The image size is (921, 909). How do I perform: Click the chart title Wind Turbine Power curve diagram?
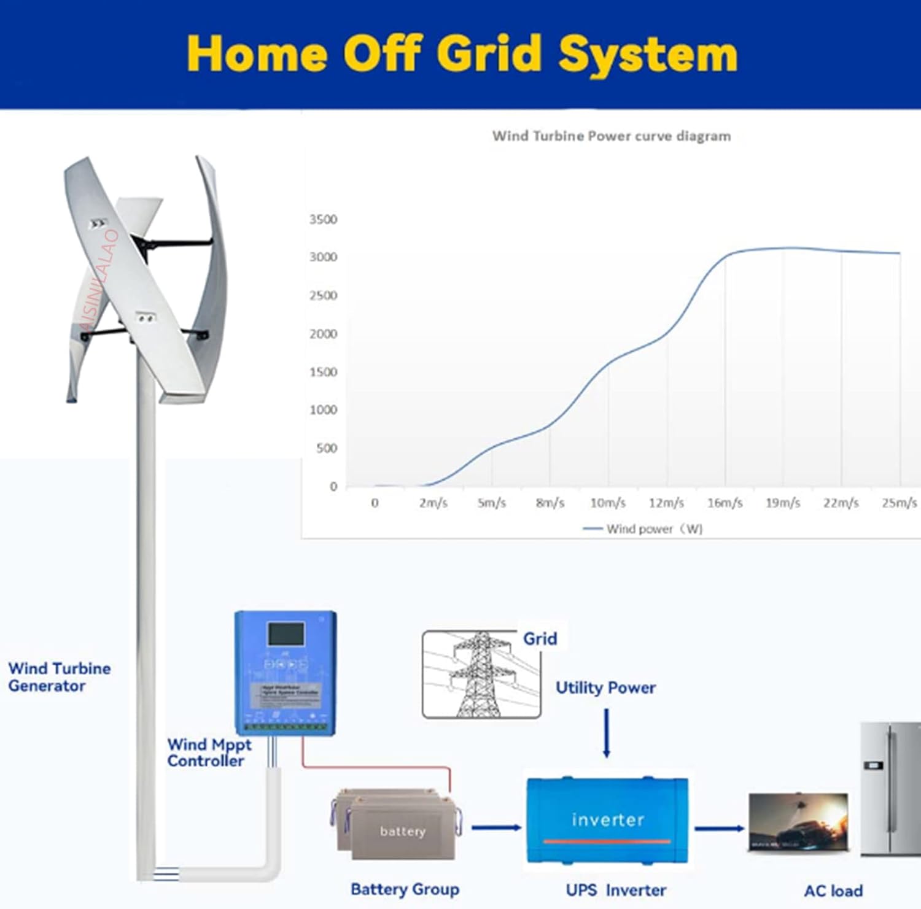click(612, 136)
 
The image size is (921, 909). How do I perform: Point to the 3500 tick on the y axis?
click(323, 220)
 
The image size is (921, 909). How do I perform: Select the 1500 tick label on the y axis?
click(323, 372)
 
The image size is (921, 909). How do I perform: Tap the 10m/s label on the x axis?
click(608, 503)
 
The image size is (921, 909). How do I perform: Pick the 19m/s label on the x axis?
click(783, 503)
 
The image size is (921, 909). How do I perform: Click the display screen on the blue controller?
click(286, 634)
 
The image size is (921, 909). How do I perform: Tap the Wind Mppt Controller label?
click(209, 752)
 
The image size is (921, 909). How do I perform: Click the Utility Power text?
click(605, 688)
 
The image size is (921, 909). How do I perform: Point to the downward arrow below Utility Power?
click(607, 733)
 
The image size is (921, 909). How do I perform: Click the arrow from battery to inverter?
click(496, 828)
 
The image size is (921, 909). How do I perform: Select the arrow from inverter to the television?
click(719, 829)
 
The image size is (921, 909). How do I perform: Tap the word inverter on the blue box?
click(608, 820)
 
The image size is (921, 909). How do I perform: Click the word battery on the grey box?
click(403, 832)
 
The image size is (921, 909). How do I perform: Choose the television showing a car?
click(799, 822)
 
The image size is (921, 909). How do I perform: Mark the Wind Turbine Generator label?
click(59, 677)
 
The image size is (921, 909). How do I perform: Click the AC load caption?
click(833, 891)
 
